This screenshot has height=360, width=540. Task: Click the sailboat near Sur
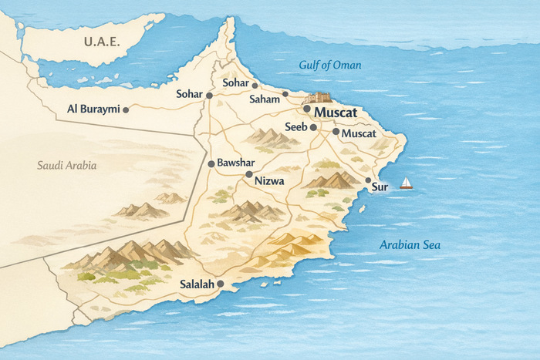406,183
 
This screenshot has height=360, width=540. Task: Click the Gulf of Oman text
329,65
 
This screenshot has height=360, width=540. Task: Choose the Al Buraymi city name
93,109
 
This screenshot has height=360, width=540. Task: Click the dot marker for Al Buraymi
126,109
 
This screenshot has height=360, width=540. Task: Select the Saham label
265,99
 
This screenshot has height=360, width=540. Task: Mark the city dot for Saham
285,94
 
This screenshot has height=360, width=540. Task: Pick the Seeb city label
296,126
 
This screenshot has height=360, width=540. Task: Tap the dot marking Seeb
313,127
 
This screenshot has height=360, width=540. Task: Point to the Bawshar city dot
211,164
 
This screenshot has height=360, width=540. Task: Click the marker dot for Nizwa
248,175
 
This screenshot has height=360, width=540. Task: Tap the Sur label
379,187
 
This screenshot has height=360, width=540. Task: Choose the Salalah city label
197,284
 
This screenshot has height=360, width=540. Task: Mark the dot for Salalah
221,284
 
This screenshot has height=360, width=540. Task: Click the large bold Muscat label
336,113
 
